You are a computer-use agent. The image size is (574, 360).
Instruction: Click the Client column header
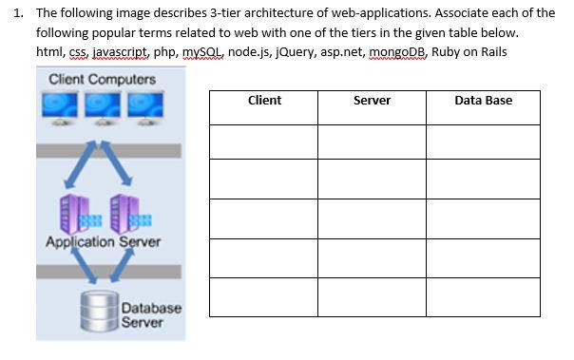(264, 101)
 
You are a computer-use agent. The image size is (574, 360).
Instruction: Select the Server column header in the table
(372, 101)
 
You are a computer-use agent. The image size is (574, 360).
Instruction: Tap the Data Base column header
(483, 101)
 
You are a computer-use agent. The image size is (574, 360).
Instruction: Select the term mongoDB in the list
(397, 51)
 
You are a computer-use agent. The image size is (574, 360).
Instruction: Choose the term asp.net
(342, 51)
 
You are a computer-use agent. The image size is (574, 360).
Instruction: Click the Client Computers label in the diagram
(102, 79)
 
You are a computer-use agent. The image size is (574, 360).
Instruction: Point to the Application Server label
(103, 241)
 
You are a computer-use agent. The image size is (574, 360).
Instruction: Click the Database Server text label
(150, 316)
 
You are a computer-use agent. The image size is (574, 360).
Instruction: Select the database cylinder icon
(100, 310)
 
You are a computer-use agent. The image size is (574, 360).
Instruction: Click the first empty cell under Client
(264, 141)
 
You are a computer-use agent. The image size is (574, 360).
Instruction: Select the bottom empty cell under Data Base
(483, 296)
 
